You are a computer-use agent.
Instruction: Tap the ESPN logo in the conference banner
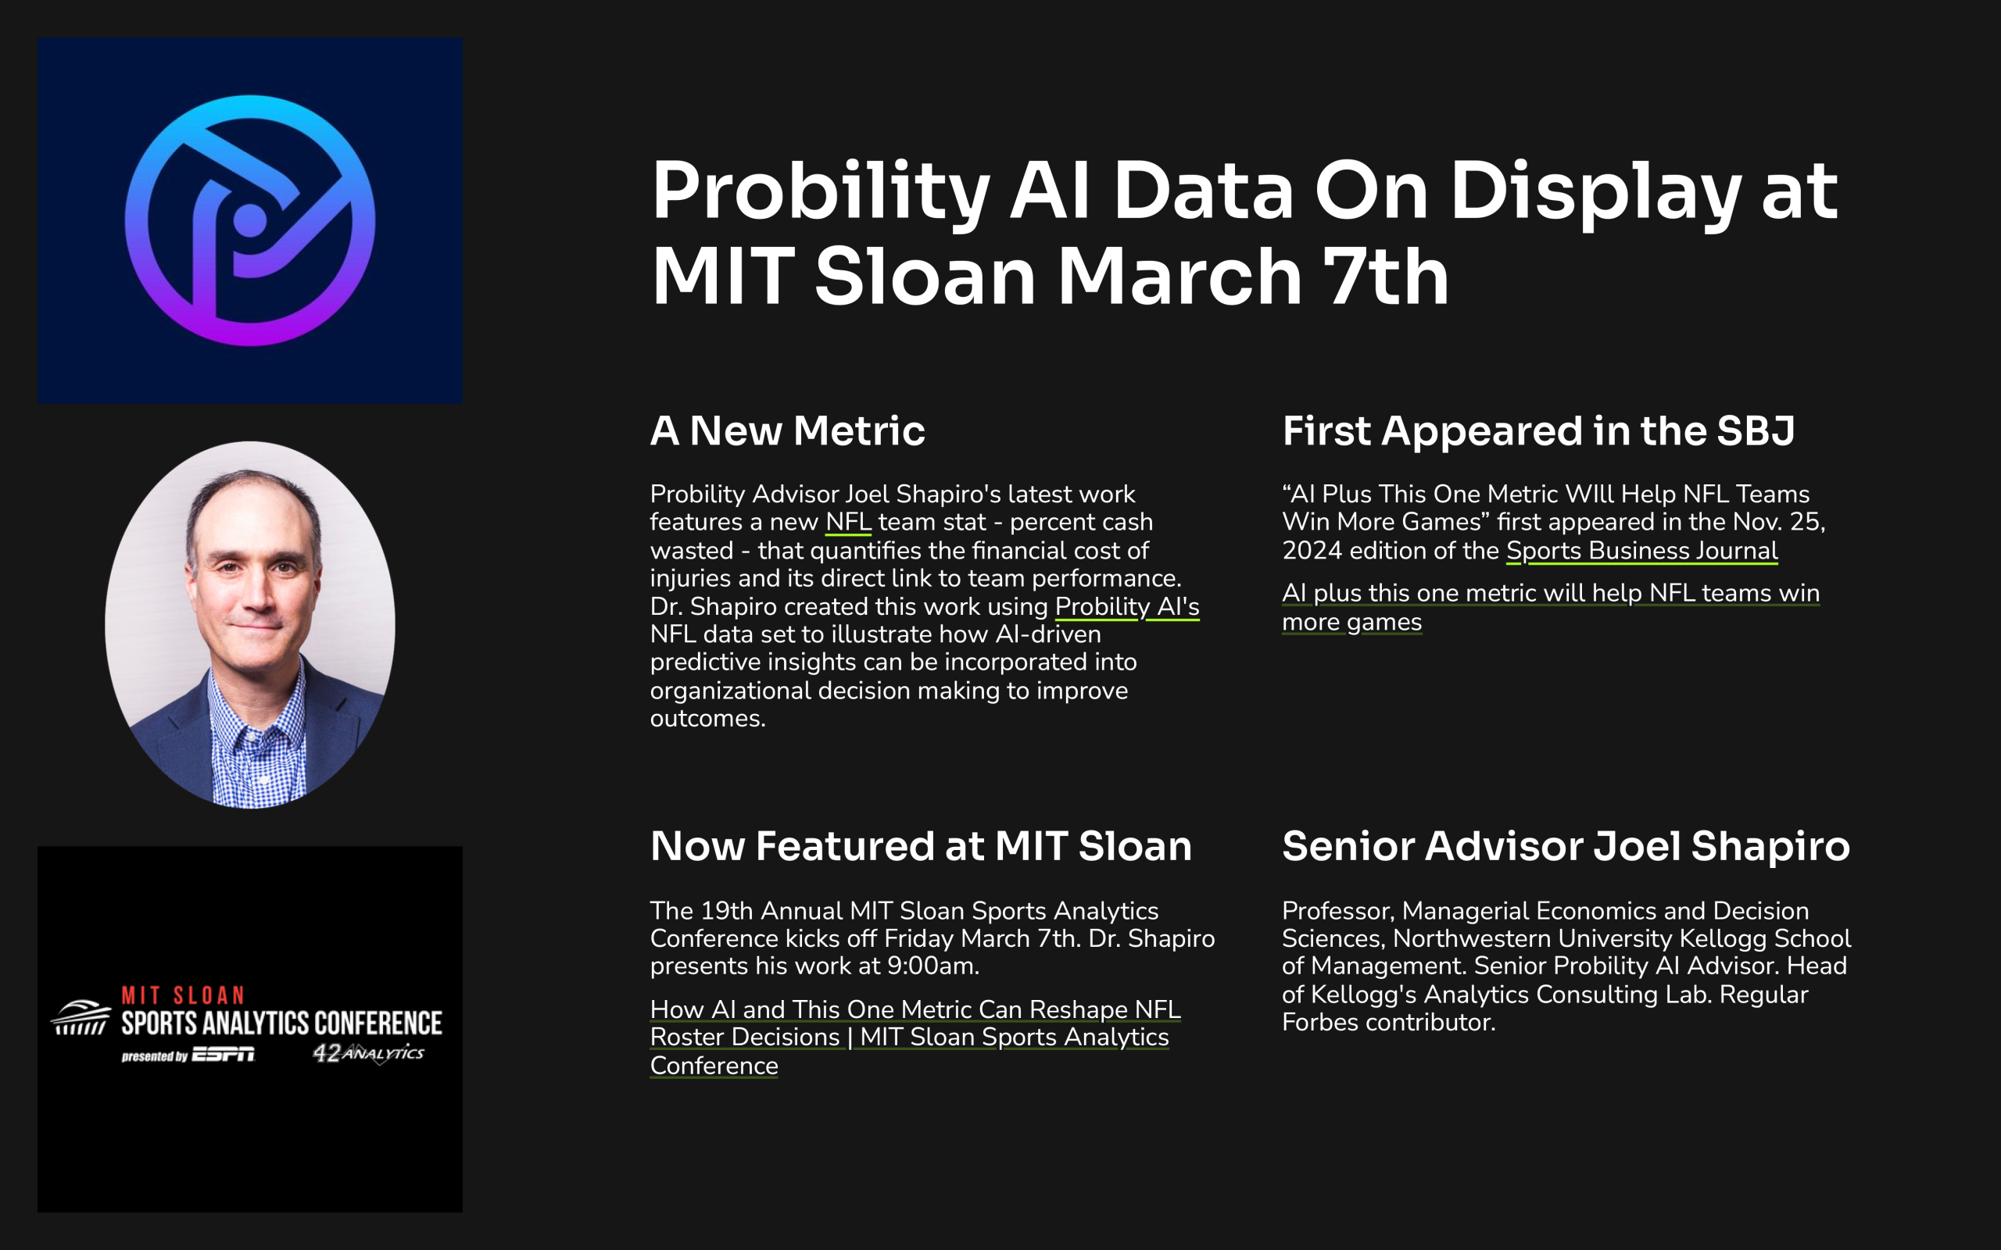(x=224, y=1054)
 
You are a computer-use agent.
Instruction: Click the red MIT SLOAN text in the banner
(x=184, y=995)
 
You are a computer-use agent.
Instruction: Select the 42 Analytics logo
(x=369, y=1052)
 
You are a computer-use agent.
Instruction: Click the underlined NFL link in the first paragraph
(x=847, y=523)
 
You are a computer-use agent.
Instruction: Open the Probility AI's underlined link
(x=1126, y=607)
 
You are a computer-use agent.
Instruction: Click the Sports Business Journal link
(x=1641, y=551)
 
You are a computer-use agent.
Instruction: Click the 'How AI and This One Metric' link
(x=915, y=1009)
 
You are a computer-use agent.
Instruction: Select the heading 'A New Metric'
(x=787, y=430)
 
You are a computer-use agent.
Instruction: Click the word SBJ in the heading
(x=1755, y=430)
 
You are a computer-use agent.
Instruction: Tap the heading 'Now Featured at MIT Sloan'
(x=920, y=846)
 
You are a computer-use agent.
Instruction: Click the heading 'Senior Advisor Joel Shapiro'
(x=1566, y=846)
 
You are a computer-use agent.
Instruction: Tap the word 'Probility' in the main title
(x=820, y=192)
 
